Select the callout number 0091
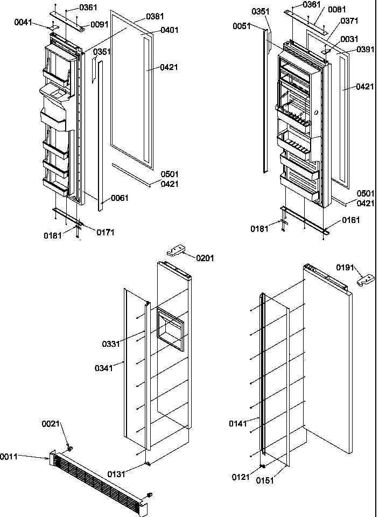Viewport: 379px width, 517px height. [x=99, y=24]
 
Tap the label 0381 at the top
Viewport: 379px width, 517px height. [x=155, y=17]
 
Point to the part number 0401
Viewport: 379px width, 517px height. [x=170, y=30]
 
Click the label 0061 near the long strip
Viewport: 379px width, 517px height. [x=120, y=198]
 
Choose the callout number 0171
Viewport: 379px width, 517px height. [x=106, y=233]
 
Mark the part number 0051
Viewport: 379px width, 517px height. [x=242, y=26]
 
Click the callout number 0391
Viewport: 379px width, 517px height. [x=365, y=49]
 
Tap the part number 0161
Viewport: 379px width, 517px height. [x=350, y=220]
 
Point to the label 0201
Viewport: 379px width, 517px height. [x=205, y=258]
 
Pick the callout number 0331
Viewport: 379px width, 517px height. [x=111, y=344]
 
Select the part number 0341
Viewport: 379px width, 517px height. [x=104, y=368]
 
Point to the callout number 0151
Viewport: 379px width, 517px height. [x=265, y=480]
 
